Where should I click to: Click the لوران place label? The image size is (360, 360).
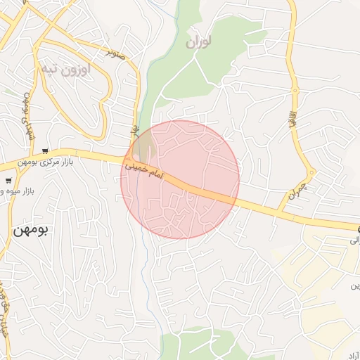pos(200,43)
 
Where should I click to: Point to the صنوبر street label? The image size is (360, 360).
pos(115,52)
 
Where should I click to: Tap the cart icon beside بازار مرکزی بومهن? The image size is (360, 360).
pos(46,150)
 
